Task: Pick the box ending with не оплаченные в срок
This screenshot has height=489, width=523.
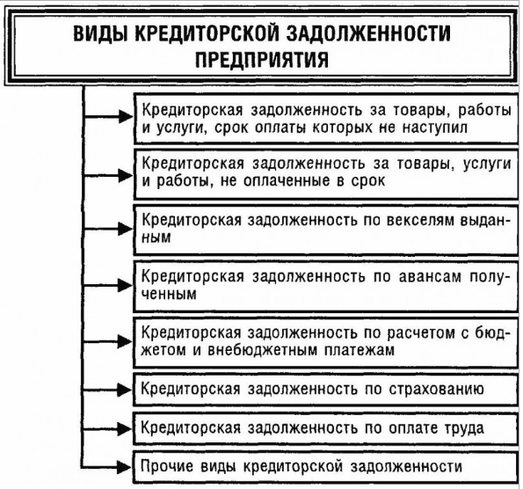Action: pos(323,172)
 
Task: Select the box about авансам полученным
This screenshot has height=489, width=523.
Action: pos(323,284)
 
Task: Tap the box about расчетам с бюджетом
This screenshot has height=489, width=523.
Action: pos(323,340)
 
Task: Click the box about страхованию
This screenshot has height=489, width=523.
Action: pos(323,388)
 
